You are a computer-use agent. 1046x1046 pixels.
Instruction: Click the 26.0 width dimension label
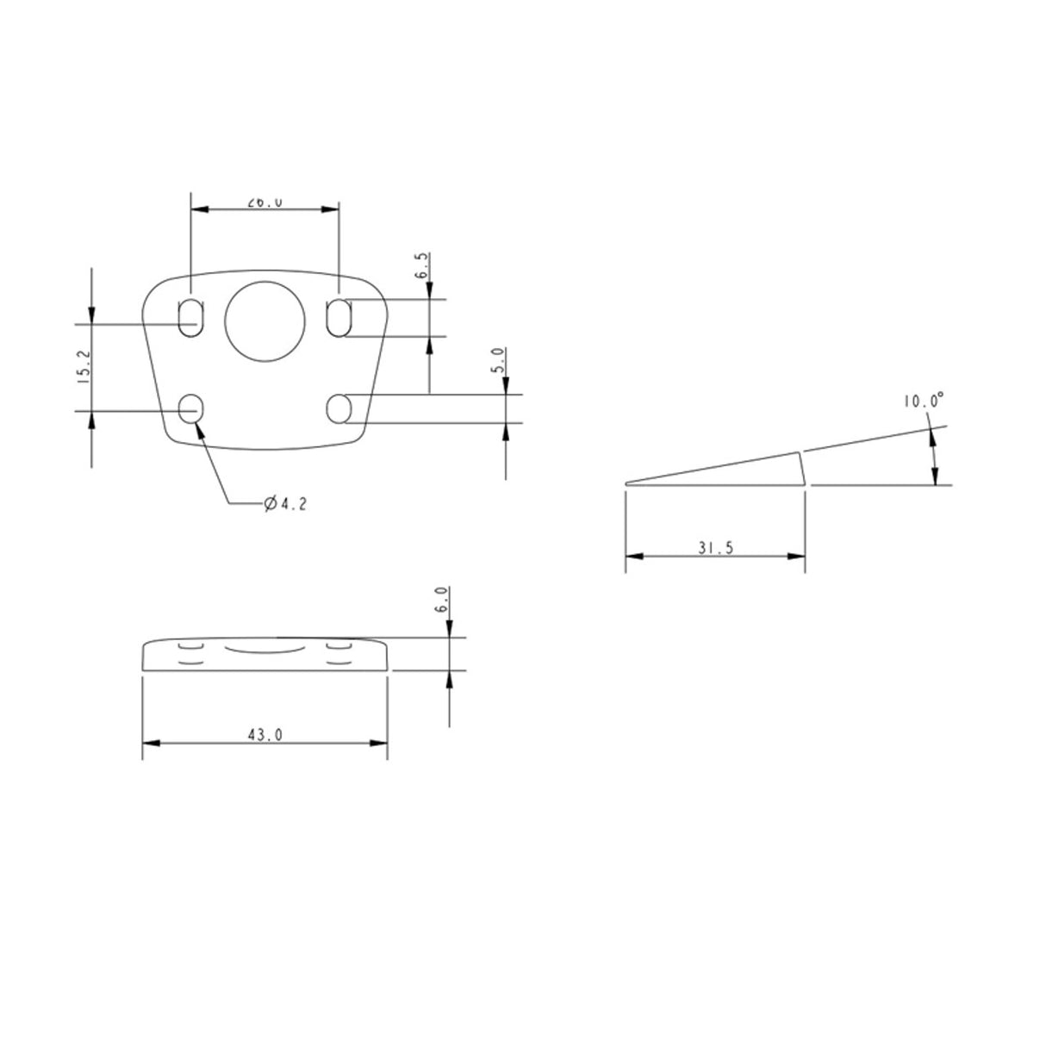(x=265, y=202)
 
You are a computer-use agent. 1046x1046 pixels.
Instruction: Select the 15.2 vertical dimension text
(x=83, y=367)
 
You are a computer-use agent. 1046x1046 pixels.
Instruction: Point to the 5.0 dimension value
(x=497, y=359)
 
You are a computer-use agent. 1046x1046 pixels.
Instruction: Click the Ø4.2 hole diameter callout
(x=285, y=504)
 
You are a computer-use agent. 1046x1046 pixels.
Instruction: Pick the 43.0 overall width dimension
(x=265, y=735)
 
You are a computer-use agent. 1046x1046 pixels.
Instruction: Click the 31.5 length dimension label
(x=716, y=549)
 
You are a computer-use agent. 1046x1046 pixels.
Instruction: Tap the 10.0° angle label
(x=924, y=401)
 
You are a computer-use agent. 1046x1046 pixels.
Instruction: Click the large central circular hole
(x=265, y=320)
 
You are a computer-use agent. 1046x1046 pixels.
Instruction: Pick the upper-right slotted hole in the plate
(x=339, y=318)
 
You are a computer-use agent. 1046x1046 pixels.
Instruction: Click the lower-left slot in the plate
(x=190, y=408)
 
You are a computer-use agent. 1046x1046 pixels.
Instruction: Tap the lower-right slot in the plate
(x=339, y=408)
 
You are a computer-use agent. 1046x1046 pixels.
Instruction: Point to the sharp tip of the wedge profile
(x=627, y=483)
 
